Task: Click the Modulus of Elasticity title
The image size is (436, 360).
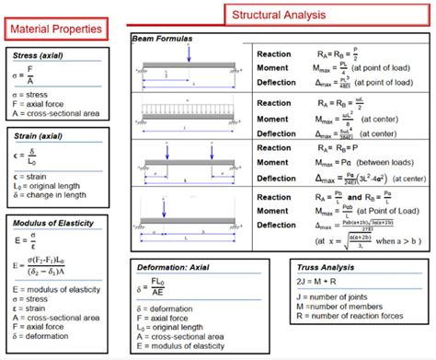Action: [52, 224]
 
